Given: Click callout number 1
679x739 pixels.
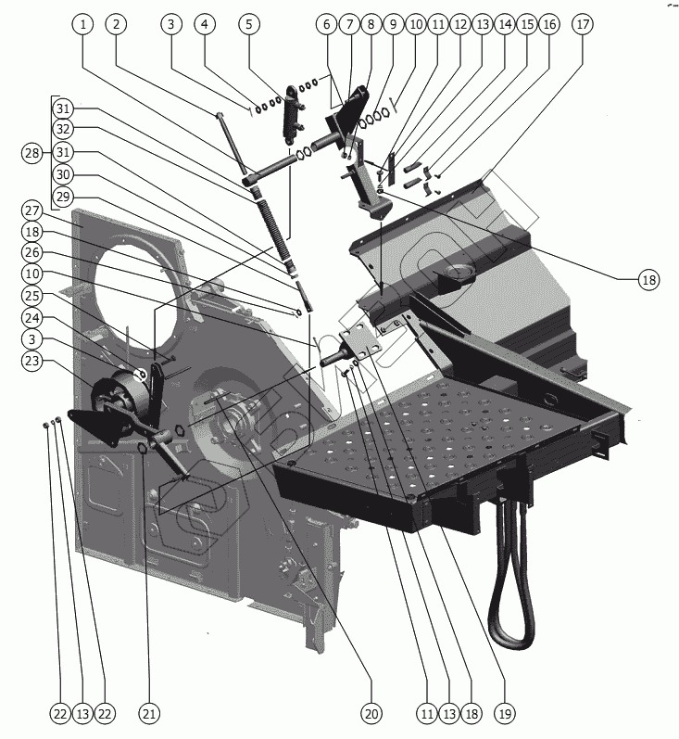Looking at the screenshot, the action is click(84, 24).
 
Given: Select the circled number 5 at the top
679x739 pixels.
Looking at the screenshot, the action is click(247, 24).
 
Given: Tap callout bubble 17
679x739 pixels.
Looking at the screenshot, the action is click(582, 24).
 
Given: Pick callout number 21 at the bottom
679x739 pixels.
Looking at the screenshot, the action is click(149, 713).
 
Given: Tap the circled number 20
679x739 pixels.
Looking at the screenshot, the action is click(371, 713).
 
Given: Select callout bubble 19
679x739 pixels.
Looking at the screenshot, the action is click(504, 713).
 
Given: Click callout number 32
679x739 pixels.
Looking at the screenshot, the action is click(62, 128).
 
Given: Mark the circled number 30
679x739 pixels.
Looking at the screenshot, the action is click(62, 173).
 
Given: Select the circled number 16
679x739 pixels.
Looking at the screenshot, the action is click(548, 24).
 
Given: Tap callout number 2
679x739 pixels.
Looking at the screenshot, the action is click(116, 24).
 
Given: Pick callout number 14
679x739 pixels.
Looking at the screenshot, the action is click(504, 24).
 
